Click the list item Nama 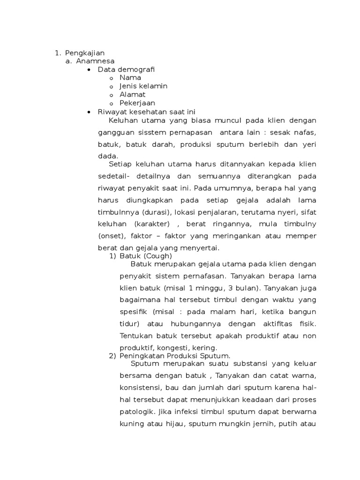click(x=130, y=78)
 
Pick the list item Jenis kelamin click(x=143, y=86)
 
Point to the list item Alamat click(x=132, y=94)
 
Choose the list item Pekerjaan click(x=137, y=103)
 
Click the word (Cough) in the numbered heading click(x=158, y=256)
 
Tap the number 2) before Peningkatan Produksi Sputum click(x=112, y=356)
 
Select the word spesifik click(x=132, y=312)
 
